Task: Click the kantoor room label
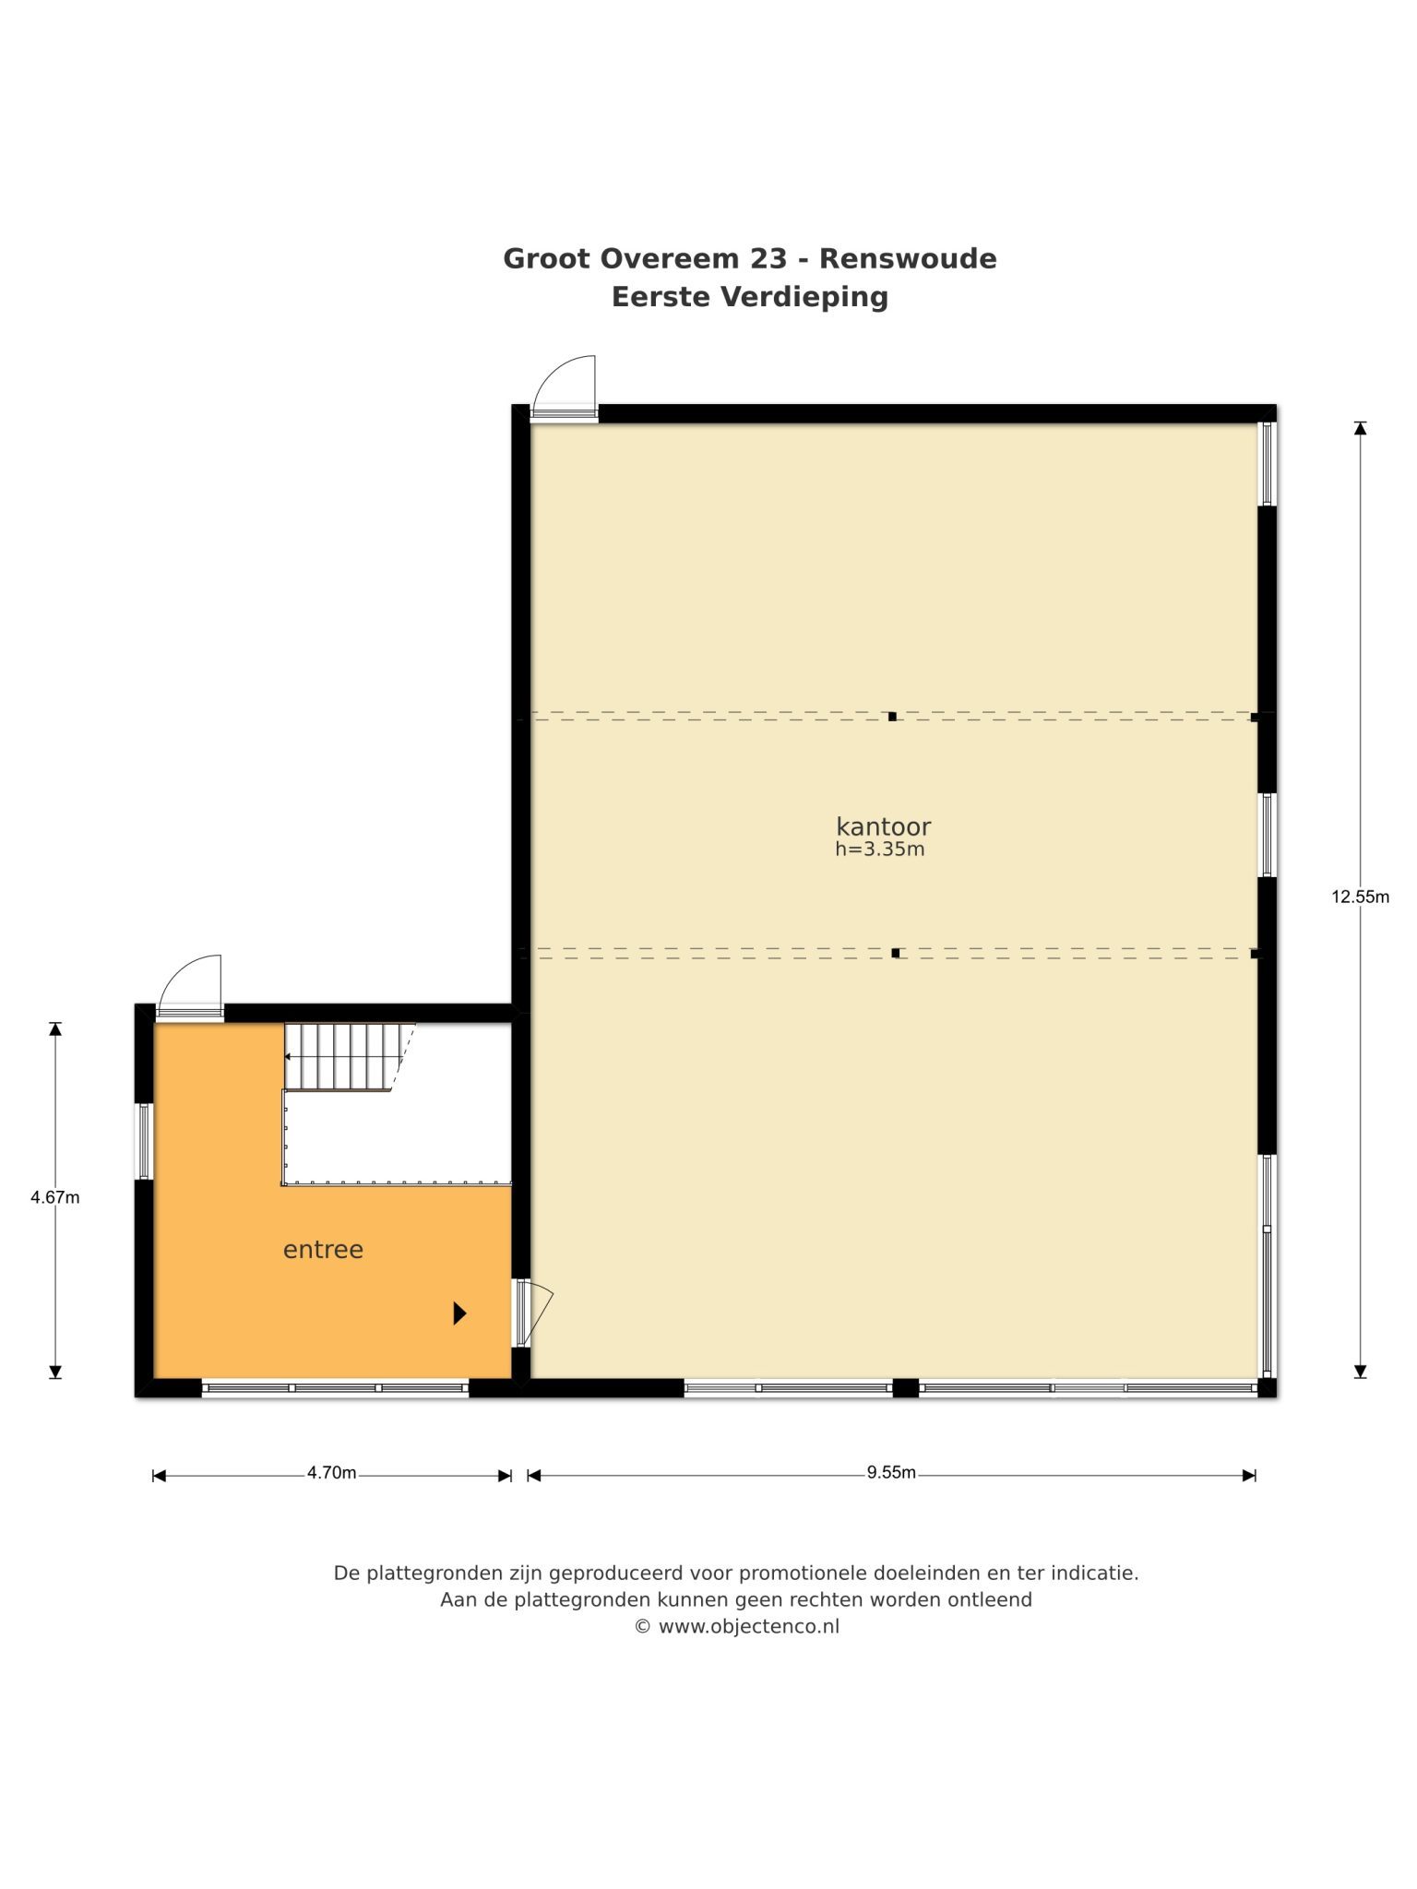pyautogui.click(x=883, y=826)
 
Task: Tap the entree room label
pyautogui.click(x=323, y=1250)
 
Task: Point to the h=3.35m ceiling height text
pyautogui.click(x=880, y=849)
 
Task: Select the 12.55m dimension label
pyautogui.click(x=1360, y=896)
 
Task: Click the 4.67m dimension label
pyautogui.click(x=55, y=1197)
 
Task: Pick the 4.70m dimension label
pyautogui.click(x=332, y=1473)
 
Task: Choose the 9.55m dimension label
pyautogui.click(x=891, y=1472)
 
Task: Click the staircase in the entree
pyautogui.click(x=349, y=1057)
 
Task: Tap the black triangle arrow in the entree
pyautogui.click(x=459, y=1313)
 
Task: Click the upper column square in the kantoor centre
pyautogui.click(x=892, y=716)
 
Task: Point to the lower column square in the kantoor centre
pyautogui.click(x=896, y=953)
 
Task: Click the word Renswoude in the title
pyautogui.click(x=908, y=258)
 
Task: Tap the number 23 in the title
pyautogui.click(x=768, y=258)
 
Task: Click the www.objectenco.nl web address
pyautogui.click(x=749, y=1626)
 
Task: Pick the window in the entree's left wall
pyautogui.click(x=145, y=1141)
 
